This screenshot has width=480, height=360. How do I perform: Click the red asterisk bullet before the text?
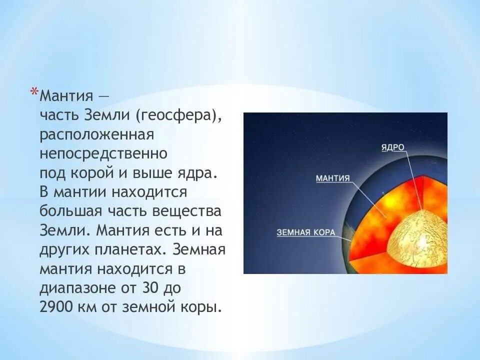click(34, 91)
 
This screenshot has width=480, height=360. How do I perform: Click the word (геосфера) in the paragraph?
click(178, 115)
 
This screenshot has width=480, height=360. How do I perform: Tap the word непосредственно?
click(103, 153)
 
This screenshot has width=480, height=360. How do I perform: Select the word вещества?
click(186, 211)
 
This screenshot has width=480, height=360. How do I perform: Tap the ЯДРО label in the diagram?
click(393, 147)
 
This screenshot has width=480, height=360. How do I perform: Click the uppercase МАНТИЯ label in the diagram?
click(333, 178)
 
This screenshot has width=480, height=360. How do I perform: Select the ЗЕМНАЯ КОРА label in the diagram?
click(306, 232)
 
